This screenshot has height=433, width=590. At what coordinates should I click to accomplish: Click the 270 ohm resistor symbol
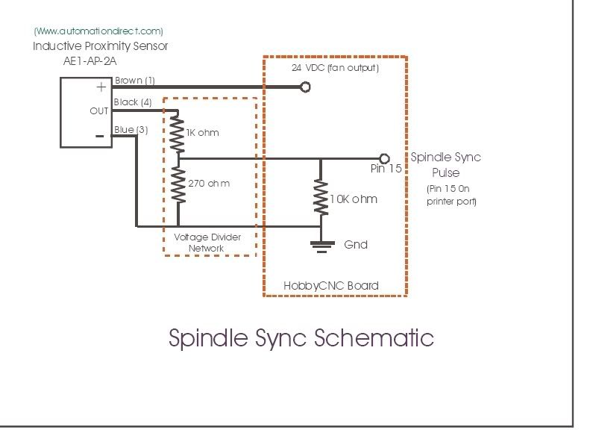[x=178, y=184]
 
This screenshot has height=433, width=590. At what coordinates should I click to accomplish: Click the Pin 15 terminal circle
[x=384, y=158]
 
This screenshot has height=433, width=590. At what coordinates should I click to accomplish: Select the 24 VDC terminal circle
[x=304, y=87]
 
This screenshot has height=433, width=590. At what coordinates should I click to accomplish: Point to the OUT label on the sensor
[x=99, y=111]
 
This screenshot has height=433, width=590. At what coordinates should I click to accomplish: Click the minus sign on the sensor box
[x=99, y=135]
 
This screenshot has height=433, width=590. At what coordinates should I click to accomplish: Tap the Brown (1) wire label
[x=134, y=80]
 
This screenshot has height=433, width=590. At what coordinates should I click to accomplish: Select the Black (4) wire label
[x=133, y=102]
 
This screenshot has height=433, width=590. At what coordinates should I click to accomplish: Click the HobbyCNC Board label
[x=330, y=285]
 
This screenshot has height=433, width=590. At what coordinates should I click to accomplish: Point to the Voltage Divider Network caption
[x=207, y=243]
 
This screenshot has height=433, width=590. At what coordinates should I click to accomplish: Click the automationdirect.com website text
[x=98, y=31]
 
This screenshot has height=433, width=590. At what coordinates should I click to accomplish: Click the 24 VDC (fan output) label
[x=336, y=68]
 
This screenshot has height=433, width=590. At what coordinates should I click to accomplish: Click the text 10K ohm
[x=354, y=199]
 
